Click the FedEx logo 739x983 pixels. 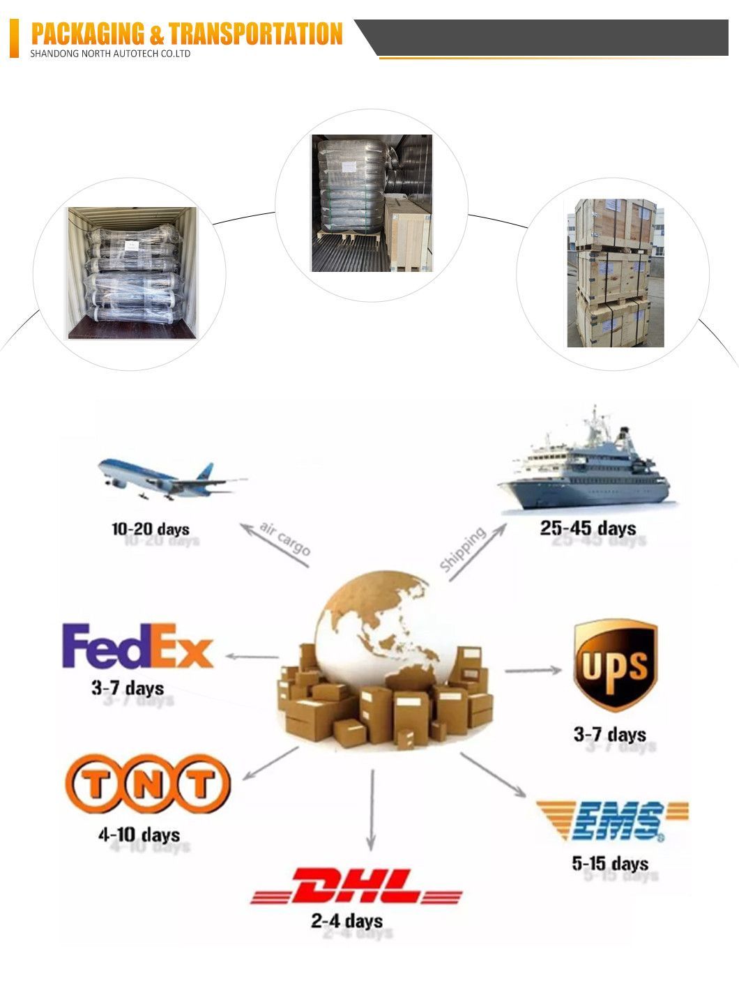(x=137, y=646)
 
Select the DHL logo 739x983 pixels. (x=356, y=887)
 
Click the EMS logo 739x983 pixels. (x=612, y=821)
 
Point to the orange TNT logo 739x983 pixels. (x=147, y=784)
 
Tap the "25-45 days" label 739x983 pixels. (x=588, y=528)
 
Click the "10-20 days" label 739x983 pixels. (x=151, y=529)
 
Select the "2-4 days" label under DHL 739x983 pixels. (x=346, y=921)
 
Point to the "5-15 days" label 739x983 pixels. (x=610, y=864)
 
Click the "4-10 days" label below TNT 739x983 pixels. (x=139, y=835)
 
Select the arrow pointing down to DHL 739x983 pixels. (x=372, y=809)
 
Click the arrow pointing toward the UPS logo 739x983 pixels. (x=533, y=671)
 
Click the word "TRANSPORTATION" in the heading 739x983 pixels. (x=256, y=33)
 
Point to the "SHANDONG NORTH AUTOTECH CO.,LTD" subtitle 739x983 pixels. (x=110, y=54)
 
